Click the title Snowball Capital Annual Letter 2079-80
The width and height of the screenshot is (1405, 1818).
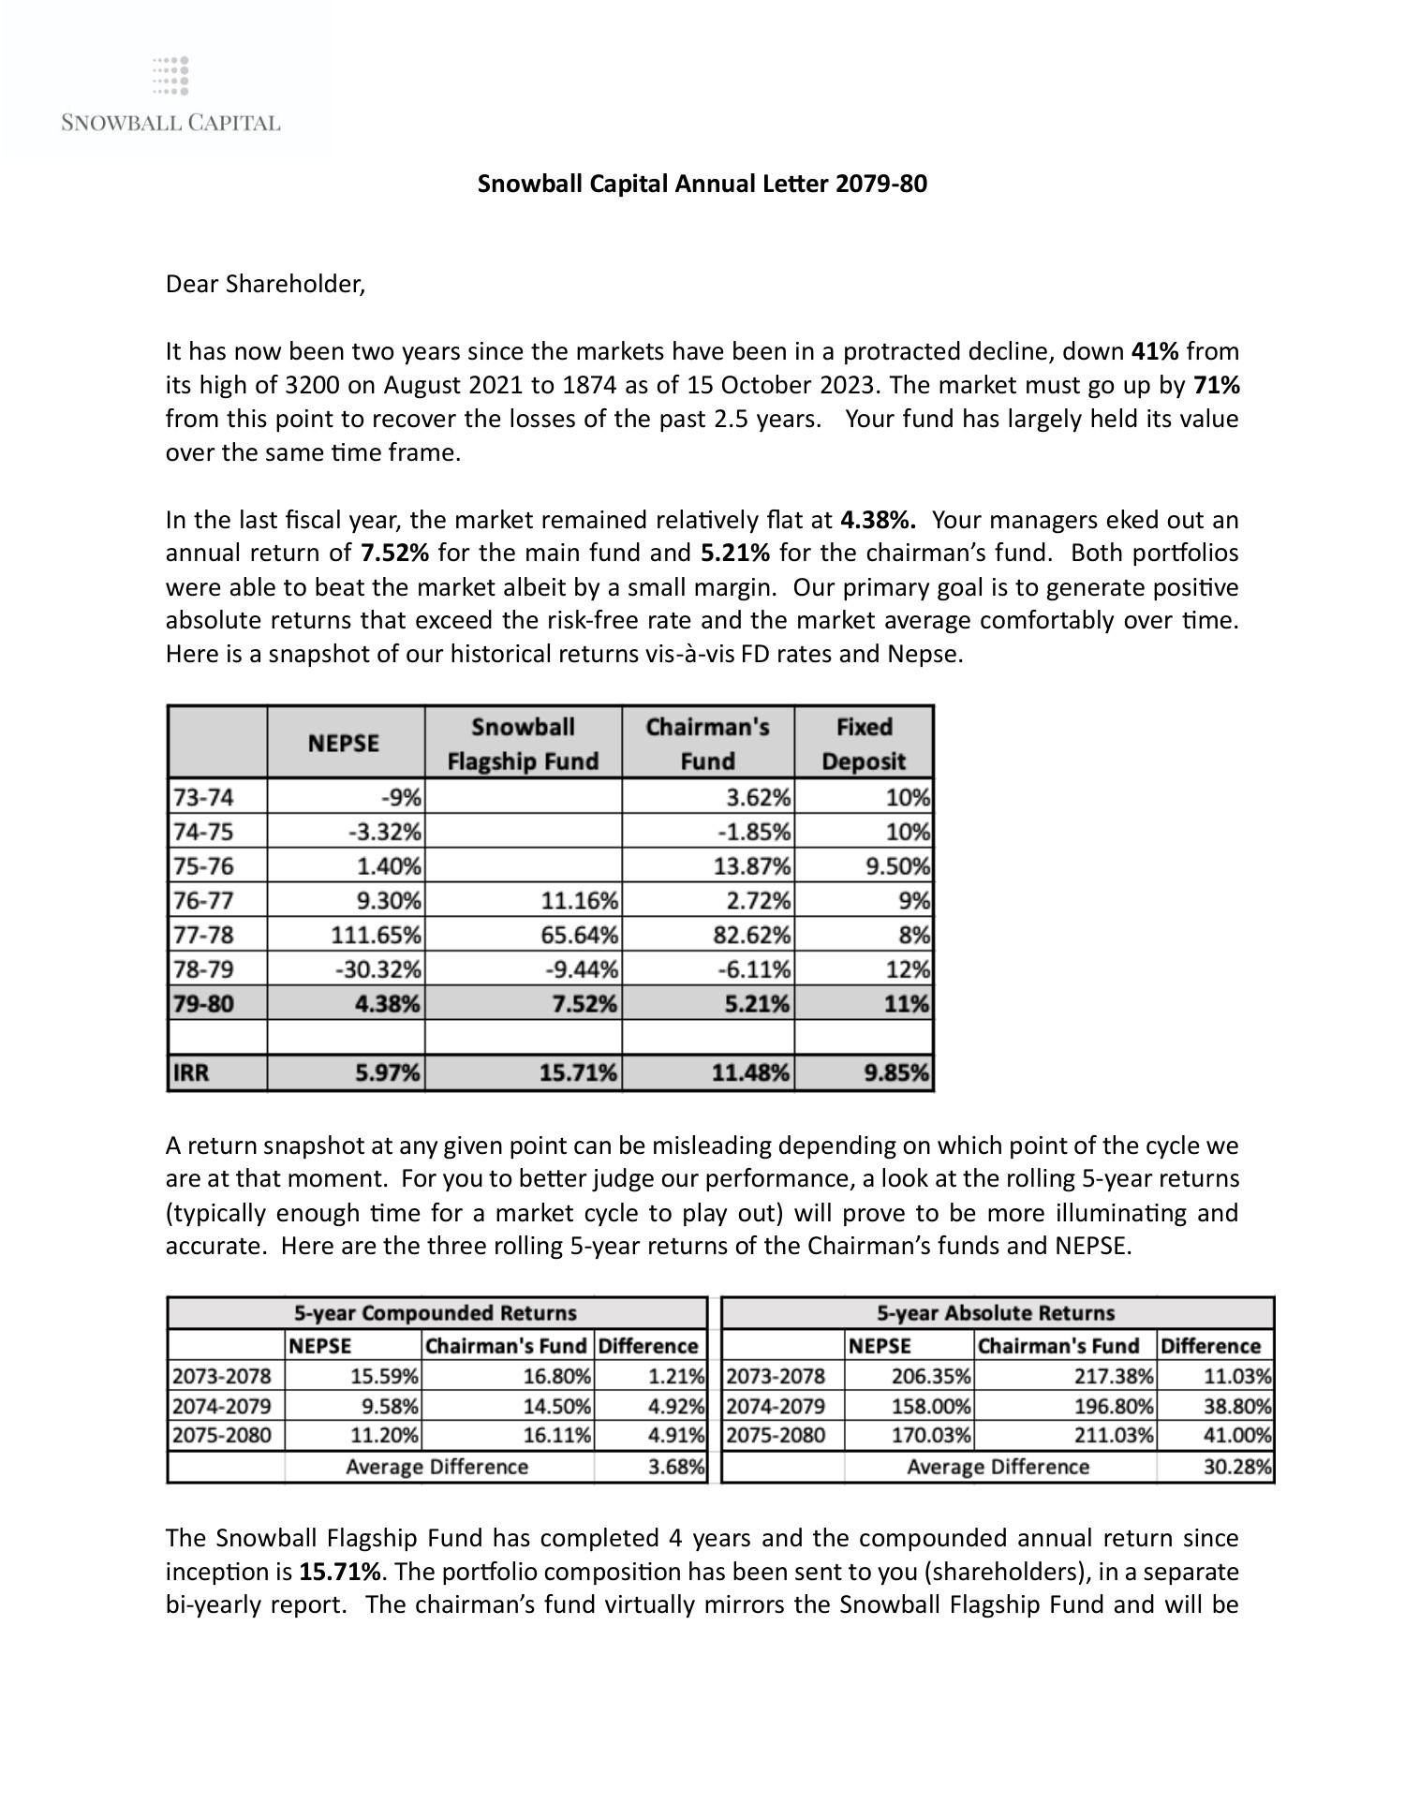pos(702,184)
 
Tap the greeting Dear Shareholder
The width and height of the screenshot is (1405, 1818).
pos(265,284)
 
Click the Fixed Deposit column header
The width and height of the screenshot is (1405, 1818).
pos(864,744)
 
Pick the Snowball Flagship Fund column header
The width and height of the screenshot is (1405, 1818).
pos(523,744)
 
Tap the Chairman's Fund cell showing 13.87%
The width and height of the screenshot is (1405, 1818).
pos(753,866)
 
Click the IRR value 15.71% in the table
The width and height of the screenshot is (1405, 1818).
pos(578,1073)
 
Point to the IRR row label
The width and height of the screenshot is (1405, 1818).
pos(191,1073)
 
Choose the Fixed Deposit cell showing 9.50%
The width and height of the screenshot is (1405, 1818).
pos(897,866)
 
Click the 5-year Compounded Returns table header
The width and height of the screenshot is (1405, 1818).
pos(436,1313)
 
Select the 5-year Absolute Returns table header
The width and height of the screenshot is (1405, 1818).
pos(996,1313)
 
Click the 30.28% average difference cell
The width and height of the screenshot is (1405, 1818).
pos(1236,1467)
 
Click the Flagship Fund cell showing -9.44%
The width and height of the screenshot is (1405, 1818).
pos(581,968)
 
